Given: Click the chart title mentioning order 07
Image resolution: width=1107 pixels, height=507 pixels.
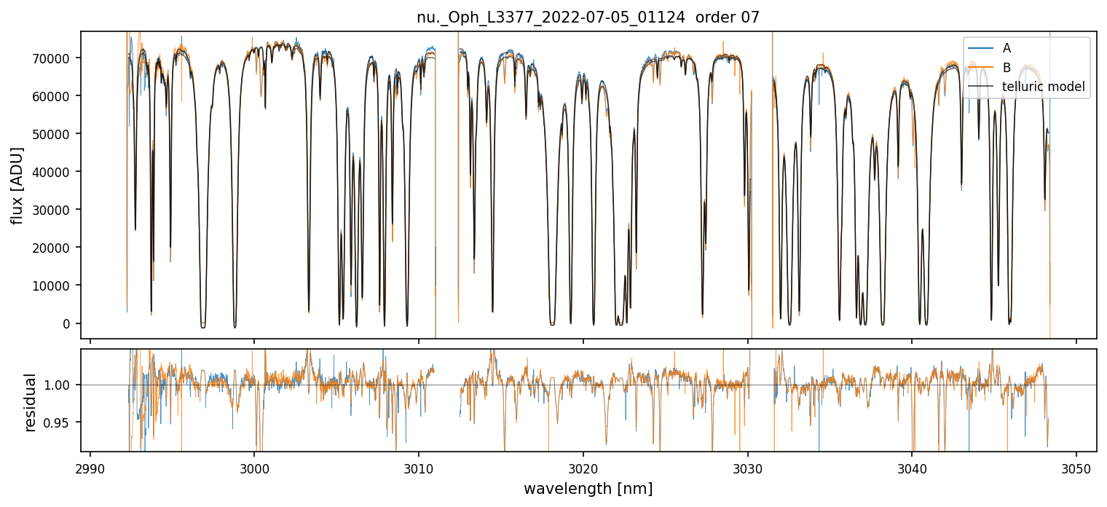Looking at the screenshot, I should click(x=588, y=17).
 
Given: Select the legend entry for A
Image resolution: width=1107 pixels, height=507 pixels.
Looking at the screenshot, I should click(x=1006, y=48).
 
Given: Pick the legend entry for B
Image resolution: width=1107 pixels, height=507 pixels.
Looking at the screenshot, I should click(x=1006, y=68).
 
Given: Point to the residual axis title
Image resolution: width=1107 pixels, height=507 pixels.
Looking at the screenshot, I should click(x=31, y=401).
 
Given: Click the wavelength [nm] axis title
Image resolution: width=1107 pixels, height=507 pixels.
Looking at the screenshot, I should click(x=588, y=488).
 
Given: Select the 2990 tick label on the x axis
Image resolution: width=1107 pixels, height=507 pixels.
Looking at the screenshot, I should click(x=90, y=467).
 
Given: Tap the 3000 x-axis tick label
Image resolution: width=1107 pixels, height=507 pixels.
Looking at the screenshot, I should click(x=254, y=467).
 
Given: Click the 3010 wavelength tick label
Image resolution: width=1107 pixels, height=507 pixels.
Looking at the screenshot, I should click(x=419, y=467).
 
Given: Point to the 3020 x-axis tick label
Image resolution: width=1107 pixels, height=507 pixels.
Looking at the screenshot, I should click(x=583, y=467).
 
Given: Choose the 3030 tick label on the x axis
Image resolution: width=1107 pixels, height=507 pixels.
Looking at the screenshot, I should click(x=748, y=467).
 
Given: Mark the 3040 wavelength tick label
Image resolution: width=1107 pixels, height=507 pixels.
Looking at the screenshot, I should click(x=912, y=467).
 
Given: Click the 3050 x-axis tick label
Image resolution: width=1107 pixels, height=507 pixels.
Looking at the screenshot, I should click(x=1076, y=467).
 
